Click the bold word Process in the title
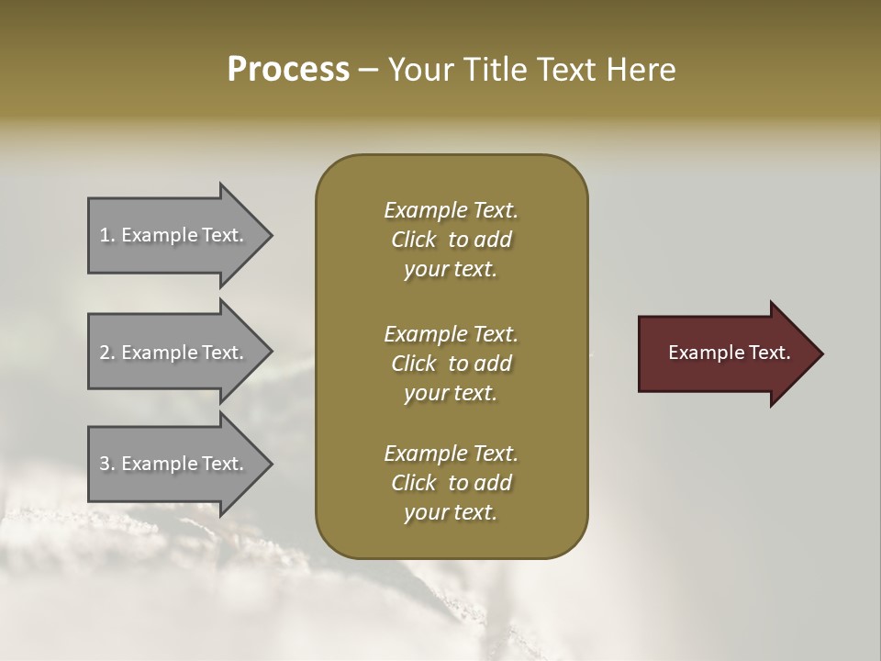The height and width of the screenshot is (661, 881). click(288, 70)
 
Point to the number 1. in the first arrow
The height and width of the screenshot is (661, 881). click(107, 236)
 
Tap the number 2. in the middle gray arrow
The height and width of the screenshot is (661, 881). click(107, 353)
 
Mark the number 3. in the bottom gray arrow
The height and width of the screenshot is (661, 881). click(107, 464)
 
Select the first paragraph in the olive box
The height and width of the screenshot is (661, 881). click(451, 240)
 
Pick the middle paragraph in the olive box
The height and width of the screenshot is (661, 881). click(451, 364)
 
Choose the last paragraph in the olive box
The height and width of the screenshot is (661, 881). click(451, 483)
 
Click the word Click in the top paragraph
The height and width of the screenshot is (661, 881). click(413, 240)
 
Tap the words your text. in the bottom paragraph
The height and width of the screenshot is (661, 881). click(451, 512)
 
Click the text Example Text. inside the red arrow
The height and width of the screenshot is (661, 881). click(729, 353)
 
